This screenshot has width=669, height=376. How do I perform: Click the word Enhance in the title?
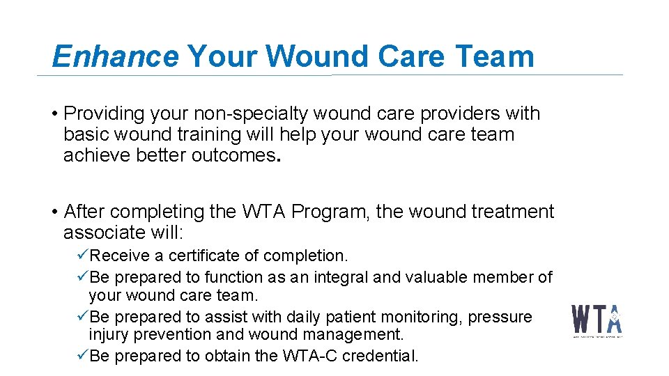coord(115,56)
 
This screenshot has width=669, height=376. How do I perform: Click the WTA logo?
coord(597,320)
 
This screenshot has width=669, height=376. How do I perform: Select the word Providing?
coord(104,113)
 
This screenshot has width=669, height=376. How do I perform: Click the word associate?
coord(102,232)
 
